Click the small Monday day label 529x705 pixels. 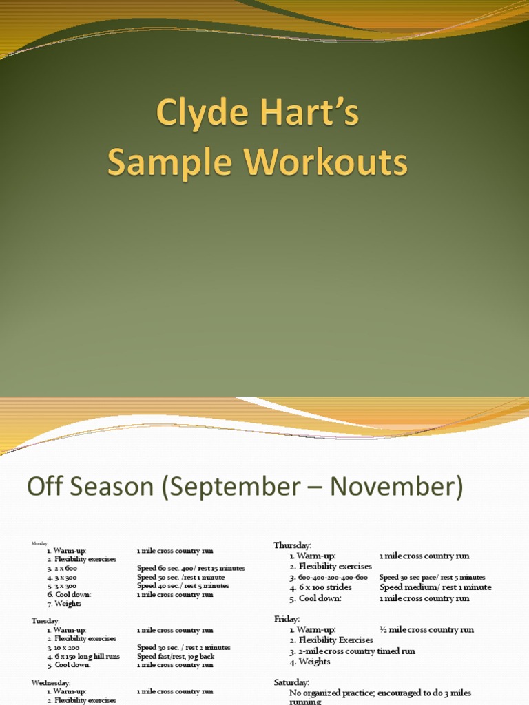point(40,543)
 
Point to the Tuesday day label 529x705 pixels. point(45,620)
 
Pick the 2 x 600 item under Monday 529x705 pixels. point(66,569)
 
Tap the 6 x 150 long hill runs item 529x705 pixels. point(87,657)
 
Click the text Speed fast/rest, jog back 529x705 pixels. point(175,657)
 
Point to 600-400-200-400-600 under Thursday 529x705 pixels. point(333,577)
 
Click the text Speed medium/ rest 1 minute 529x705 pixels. point(435,587)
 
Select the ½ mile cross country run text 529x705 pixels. point(426,629)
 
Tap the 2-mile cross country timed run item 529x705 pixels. point(357,651)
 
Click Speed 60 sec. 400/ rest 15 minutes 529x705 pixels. point(191,569)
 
